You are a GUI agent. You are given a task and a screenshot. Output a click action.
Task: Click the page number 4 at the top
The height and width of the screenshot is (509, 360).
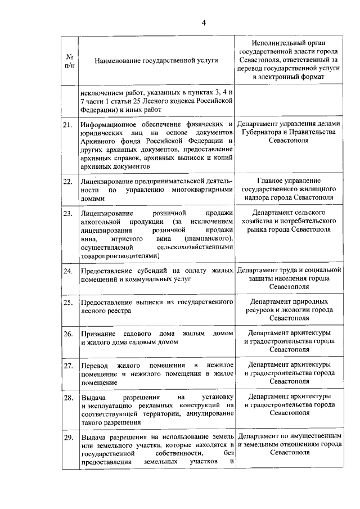[204, 22]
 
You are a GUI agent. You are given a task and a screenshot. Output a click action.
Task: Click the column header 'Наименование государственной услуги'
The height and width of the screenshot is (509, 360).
[156, 60]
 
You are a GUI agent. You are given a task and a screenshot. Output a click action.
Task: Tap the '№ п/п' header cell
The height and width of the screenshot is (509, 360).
[71, 60]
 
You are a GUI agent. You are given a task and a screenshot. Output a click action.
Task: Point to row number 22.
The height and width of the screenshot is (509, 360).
[68, 182]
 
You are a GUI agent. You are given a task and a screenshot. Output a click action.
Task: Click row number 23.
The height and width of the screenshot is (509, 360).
[68, 214]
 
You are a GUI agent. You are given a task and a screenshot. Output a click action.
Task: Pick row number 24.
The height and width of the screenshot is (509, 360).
[68, 272]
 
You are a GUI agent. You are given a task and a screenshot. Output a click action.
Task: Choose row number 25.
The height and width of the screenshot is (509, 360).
[68, 303]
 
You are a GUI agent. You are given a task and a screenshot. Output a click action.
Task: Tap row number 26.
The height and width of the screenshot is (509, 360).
[68, 334]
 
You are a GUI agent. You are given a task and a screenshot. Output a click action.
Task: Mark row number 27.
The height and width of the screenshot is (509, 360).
[68, 366]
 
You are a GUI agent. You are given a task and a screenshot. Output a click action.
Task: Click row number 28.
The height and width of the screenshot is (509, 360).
[68, 398]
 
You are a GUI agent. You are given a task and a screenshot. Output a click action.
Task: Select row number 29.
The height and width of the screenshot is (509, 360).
[68, 437]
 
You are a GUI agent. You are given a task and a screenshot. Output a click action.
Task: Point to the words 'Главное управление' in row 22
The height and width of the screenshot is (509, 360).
[289, 182]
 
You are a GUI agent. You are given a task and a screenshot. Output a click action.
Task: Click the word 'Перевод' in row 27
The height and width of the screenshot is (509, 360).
[94, 366]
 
